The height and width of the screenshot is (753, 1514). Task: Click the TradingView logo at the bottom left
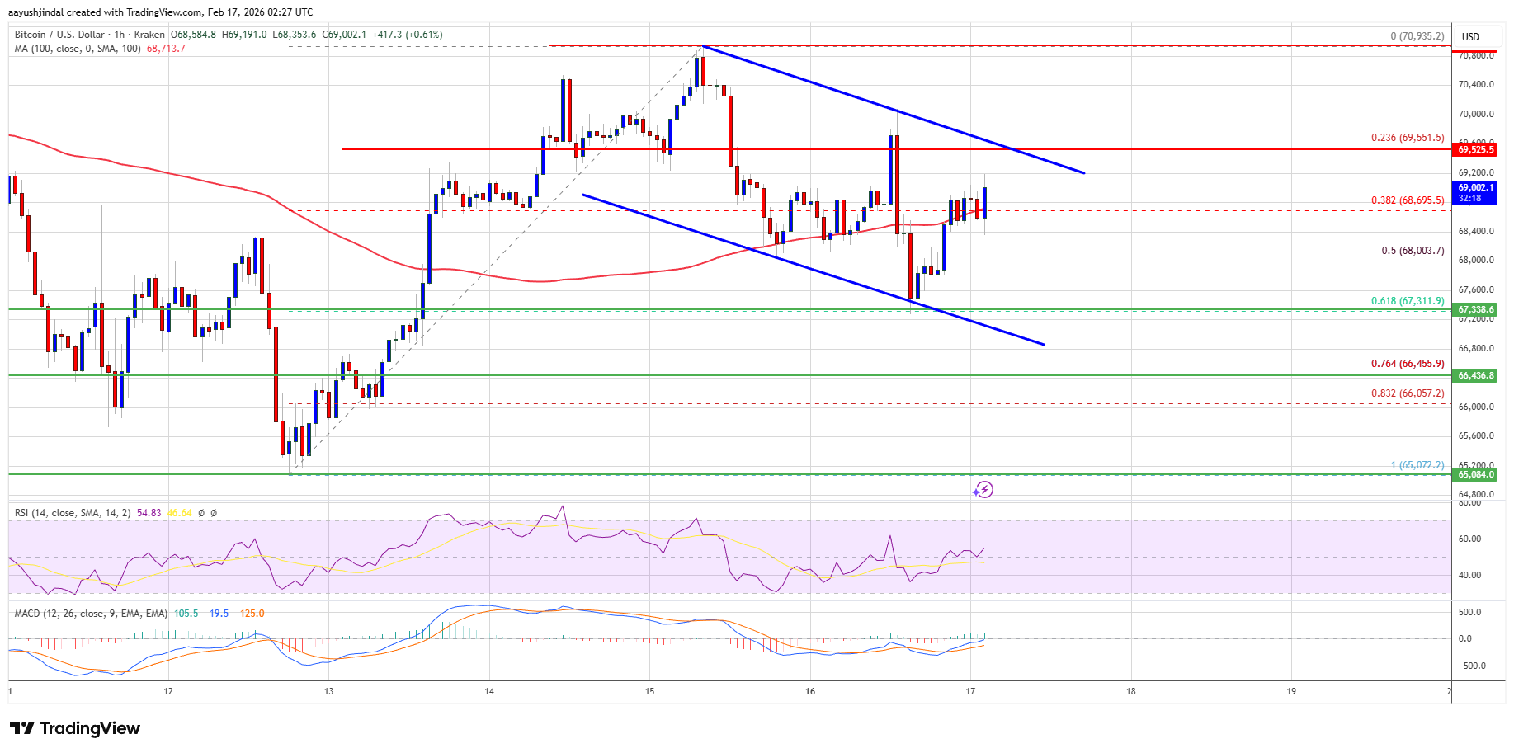75,728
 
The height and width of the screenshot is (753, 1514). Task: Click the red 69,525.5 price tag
1476,149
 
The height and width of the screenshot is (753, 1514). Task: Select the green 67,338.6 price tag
1476,310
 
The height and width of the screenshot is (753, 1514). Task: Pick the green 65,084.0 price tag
1476,474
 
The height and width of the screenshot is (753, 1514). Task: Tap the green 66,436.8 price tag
1476,375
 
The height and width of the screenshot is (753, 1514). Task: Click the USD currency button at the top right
1470,36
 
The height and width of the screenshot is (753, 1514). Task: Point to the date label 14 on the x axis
489,691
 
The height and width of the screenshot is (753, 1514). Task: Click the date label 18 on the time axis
1131,691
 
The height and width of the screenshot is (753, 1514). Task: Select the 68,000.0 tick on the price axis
1476,261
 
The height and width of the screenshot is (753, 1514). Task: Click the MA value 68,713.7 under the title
166,49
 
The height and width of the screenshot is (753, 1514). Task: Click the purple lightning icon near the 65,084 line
983,490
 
